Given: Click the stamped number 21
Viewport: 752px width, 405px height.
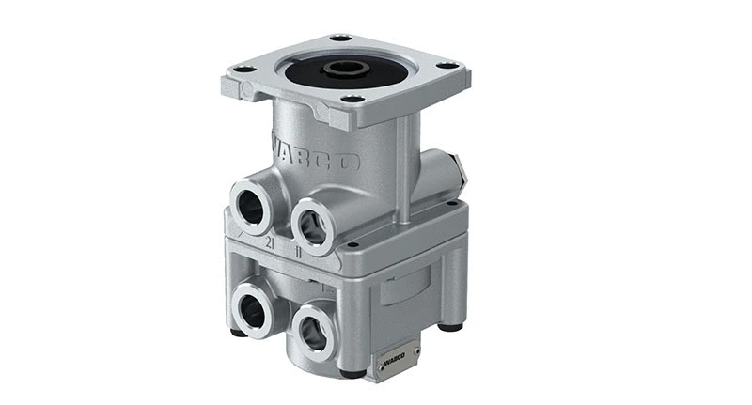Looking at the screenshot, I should coord(270,242).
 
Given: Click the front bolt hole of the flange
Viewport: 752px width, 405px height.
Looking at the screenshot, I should coord(352,98).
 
